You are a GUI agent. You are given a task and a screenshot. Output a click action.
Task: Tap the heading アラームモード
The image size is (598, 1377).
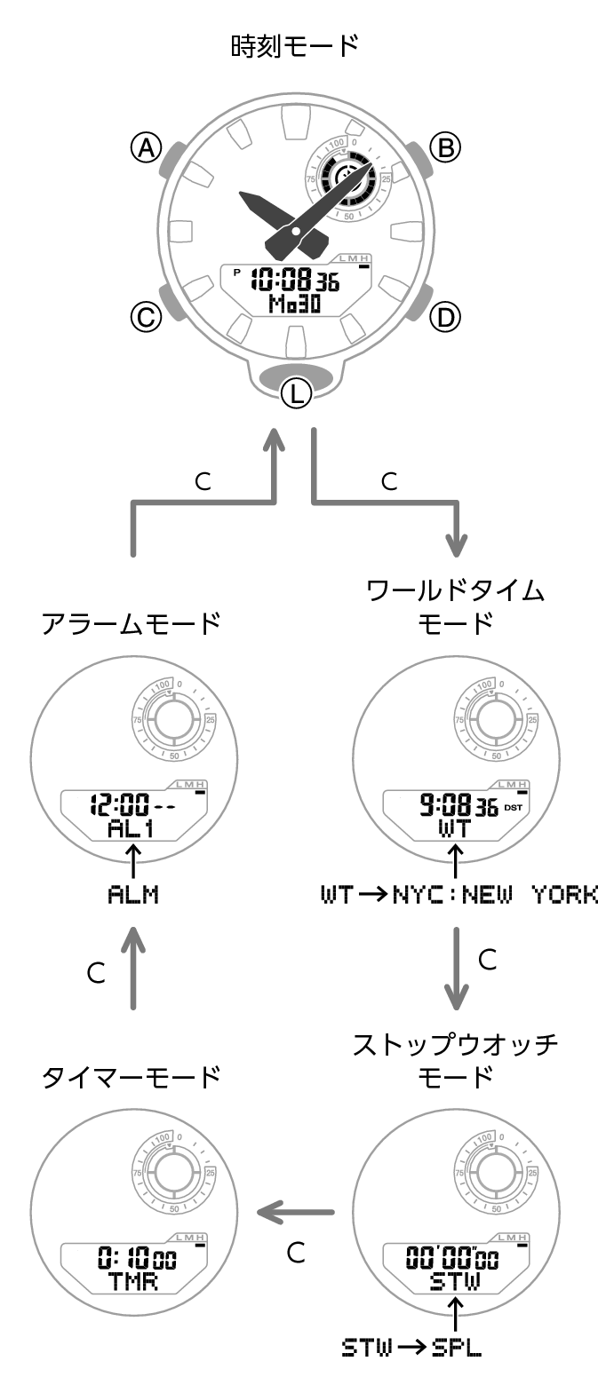pos(132,624)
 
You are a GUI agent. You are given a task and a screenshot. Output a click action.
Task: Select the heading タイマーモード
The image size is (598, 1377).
pos(132,1078)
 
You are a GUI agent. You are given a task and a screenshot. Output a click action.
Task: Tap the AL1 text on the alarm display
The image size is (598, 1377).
pos(132,829)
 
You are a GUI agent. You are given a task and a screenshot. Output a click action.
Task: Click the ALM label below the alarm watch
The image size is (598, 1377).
pos(132,894)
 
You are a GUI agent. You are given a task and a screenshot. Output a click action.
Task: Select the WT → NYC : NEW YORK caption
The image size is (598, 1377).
pos(458,894)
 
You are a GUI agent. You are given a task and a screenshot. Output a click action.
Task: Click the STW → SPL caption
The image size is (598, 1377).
pos(411,1348)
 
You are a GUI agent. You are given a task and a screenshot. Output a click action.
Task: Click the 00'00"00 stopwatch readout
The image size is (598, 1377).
pos(452,1258)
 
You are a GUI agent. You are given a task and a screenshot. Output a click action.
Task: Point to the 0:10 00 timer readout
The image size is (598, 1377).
pos(137,1259)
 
